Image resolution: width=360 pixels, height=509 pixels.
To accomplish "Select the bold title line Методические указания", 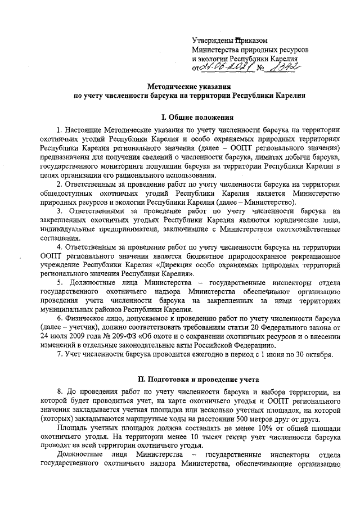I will pos(186,87).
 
